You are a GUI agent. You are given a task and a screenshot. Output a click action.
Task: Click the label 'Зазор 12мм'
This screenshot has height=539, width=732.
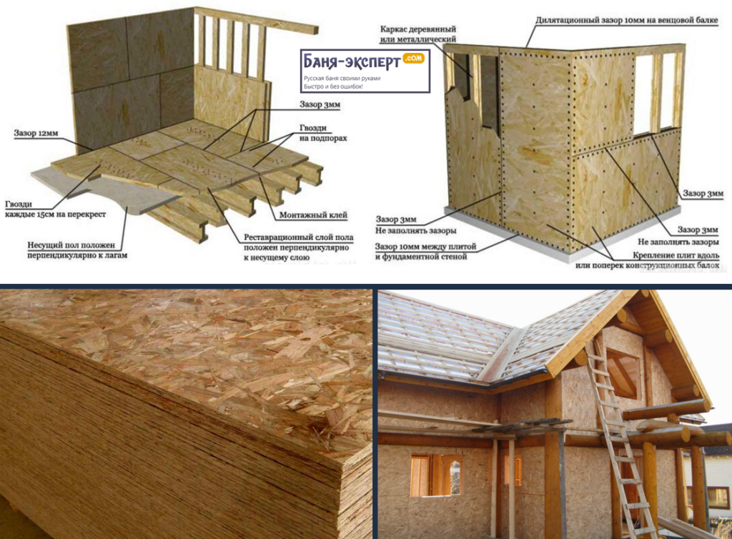[36, 133]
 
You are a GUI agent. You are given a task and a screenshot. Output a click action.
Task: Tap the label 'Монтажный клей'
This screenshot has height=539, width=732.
[313, 215]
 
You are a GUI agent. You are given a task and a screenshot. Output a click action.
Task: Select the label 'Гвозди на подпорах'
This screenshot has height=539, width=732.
[322, 133]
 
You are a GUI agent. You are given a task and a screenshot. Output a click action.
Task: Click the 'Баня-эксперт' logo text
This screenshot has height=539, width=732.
[352, 61]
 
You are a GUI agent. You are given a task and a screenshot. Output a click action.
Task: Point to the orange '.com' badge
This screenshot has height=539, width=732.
[413, 59]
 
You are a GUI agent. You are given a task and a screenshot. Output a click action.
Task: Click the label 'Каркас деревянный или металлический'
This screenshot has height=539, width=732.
[417, 34]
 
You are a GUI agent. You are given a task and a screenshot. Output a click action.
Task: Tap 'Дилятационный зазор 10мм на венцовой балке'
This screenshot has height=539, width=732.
[626, 21]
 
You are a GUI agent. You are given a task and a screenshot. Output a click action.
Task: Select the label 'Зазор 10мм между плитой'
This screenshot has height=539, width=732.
[426, 247]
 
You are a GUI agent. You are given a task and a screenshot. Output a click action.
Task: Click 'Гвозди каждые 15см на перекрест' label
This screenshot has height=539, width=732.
[55, 209]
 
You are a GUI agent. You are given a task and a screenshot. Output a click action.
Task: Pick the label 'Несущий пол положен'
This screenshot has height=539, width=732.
[71, 245]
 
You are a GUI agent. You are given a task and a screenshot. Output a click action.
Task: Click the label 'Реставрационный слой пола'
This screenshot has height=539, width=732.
[298, 237]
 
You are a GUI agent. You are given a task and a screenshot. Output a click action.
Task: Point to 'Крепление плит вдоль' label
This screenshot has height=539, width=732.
[676, 255]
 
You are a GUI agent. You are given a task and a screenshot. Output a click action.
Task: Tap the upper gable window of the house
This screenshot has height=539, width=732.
[622, 373]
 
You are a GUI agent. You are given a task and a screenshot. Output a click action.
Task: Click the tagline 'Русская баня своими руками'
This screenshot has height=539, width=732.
[342, 79]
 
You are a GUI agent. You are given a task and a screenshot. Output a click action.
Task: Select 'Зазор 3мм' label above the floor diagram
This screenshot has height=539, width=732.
[320, 104]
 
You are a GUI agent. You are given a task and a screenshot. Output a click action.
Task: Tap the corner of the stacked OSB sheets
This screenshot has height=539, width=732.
[349, 460]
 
